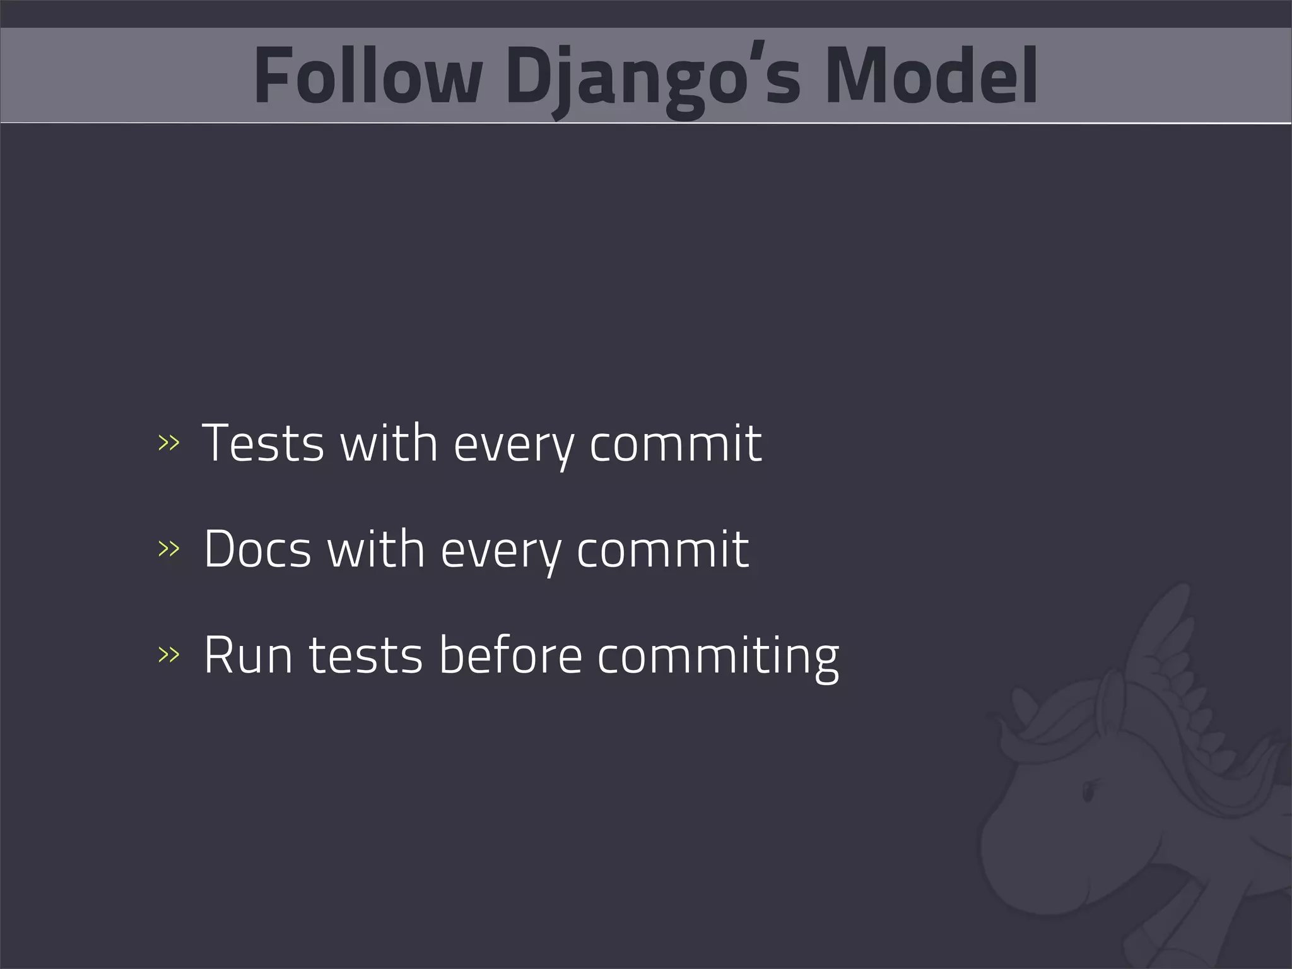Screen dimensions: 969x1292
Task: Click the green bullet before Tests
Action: [168, 443]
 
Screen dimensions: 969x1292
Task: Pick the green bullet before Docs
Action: [168, 549]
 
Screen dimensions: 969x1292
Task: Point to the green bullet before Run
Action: [168, 655]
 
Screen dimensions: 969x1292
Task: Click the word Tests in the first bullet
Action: [263, 443]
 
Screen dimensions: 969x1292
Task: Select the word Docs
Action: [257, 549]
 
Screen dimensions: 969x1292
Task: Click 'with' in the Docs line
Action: [376, 549]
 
